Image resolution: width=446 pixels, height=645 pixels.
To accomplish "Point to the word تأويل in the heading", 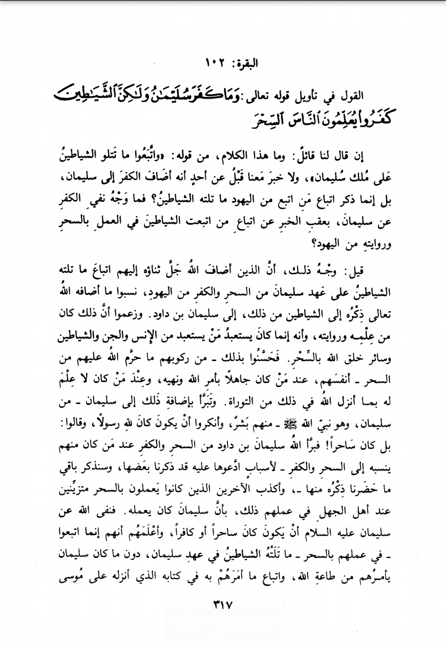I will pyautogui.click(x=312, y=96).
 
